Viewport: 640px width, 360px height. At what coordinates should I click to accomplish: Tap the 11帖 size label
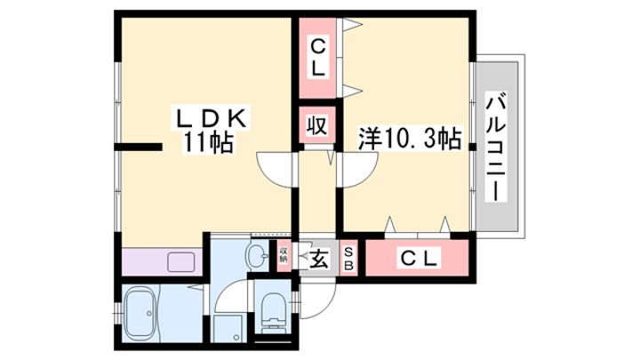click(x=207, y=143)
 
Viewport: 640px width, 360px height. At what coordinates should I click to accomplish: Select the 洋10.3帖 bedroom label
click(x=410, y=139)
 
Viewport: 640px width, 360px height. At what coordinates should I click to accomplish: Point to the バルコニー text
click(x=496, y=147)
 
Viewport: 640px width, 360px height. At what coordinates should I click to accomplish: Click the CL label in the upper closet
click(x=318, y=58)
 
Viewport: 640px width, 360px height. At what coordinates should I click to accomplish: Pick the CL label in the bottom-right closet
click(x=419, y=258)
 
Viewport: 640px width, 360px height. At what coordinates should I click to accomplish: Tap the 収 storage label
click(x=317, y=125)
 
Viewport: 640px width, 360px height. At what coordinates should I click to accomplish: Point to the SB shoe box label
click(x=348, y=259)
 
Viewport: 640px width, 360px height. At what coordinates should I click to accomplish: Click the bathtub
click(x=140, y=314)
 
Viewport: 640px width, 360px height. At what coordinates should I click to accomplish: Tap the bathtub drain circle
click(x=149, y=314)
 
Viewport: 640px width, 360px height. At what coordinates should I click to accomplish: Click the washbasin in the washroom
click(x=256, y=255)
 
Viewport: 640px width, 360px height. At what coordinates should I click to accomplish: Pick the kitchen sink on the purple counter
click(x=180, y=261)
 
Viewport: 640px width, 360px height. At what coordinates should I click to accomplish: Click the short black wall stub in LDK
click(x=138, y=148)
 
